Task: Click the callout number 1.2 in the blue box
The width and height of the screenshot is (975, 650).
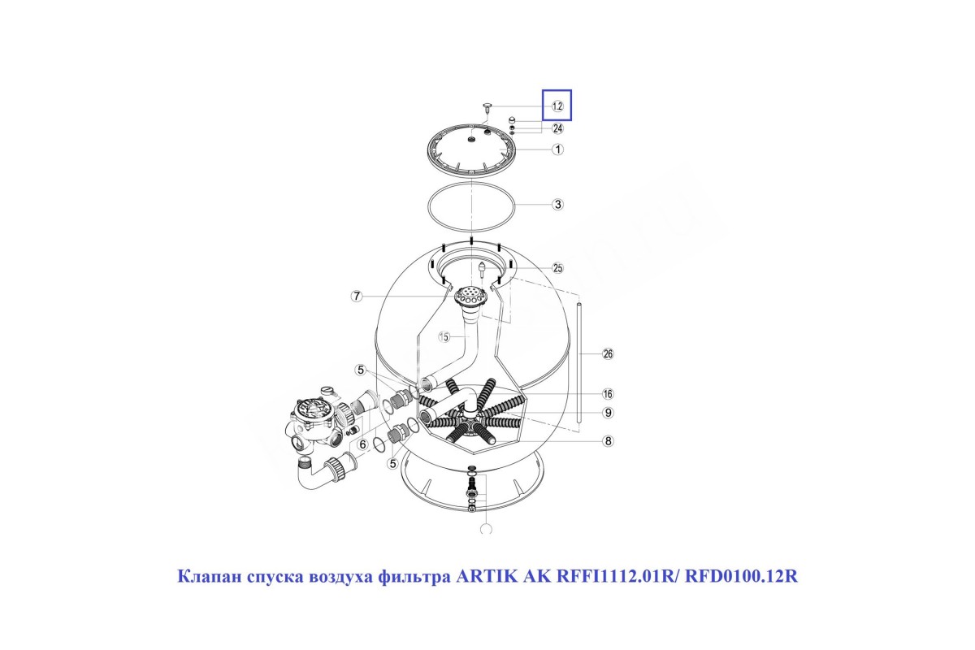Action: click(557, 106)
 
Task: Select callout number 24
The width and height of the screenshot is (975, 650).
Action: click(557, 128)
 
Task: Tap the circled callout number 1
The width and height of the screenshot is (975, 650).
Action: click(557, 149)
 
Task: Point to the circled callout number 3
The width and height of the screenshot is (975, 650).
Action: click(557, 204)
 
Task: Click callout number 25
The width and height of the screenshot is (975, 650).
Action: click(557, 268)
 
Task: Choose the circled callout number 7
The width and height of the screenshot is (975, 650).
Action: click(357, 297)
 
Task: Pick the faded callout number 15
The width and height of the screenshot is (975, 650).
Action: click(444, 336)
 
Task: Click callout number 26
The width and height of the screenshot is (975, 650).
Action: click(608, 354)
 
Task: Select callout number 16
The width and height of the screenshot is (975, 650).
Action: click(608, 394)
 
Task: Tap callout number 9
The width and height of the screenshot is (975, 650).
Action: click(608, 412)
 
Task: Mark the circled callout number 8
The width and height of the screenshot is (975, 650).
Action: click(608, 441)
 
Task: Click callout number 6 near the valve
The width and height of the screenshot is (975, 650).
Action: click(362, 444)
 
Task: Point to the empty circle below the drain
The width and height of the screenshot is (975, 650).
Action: click(486, 529)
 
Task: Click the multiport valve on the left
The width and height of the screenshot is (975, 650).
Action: click(314, 424)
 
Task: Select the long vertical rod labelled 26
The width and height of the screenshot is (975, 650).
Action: click(579, 362)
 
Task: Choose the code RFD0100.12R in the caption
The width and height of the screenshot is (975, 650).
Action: click(741, 576)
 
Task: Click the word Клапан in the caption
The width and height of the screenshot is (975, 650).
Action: click(210, 576)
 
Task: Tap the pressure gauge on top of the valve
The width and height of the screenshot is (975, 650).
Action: click(327, 391)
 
